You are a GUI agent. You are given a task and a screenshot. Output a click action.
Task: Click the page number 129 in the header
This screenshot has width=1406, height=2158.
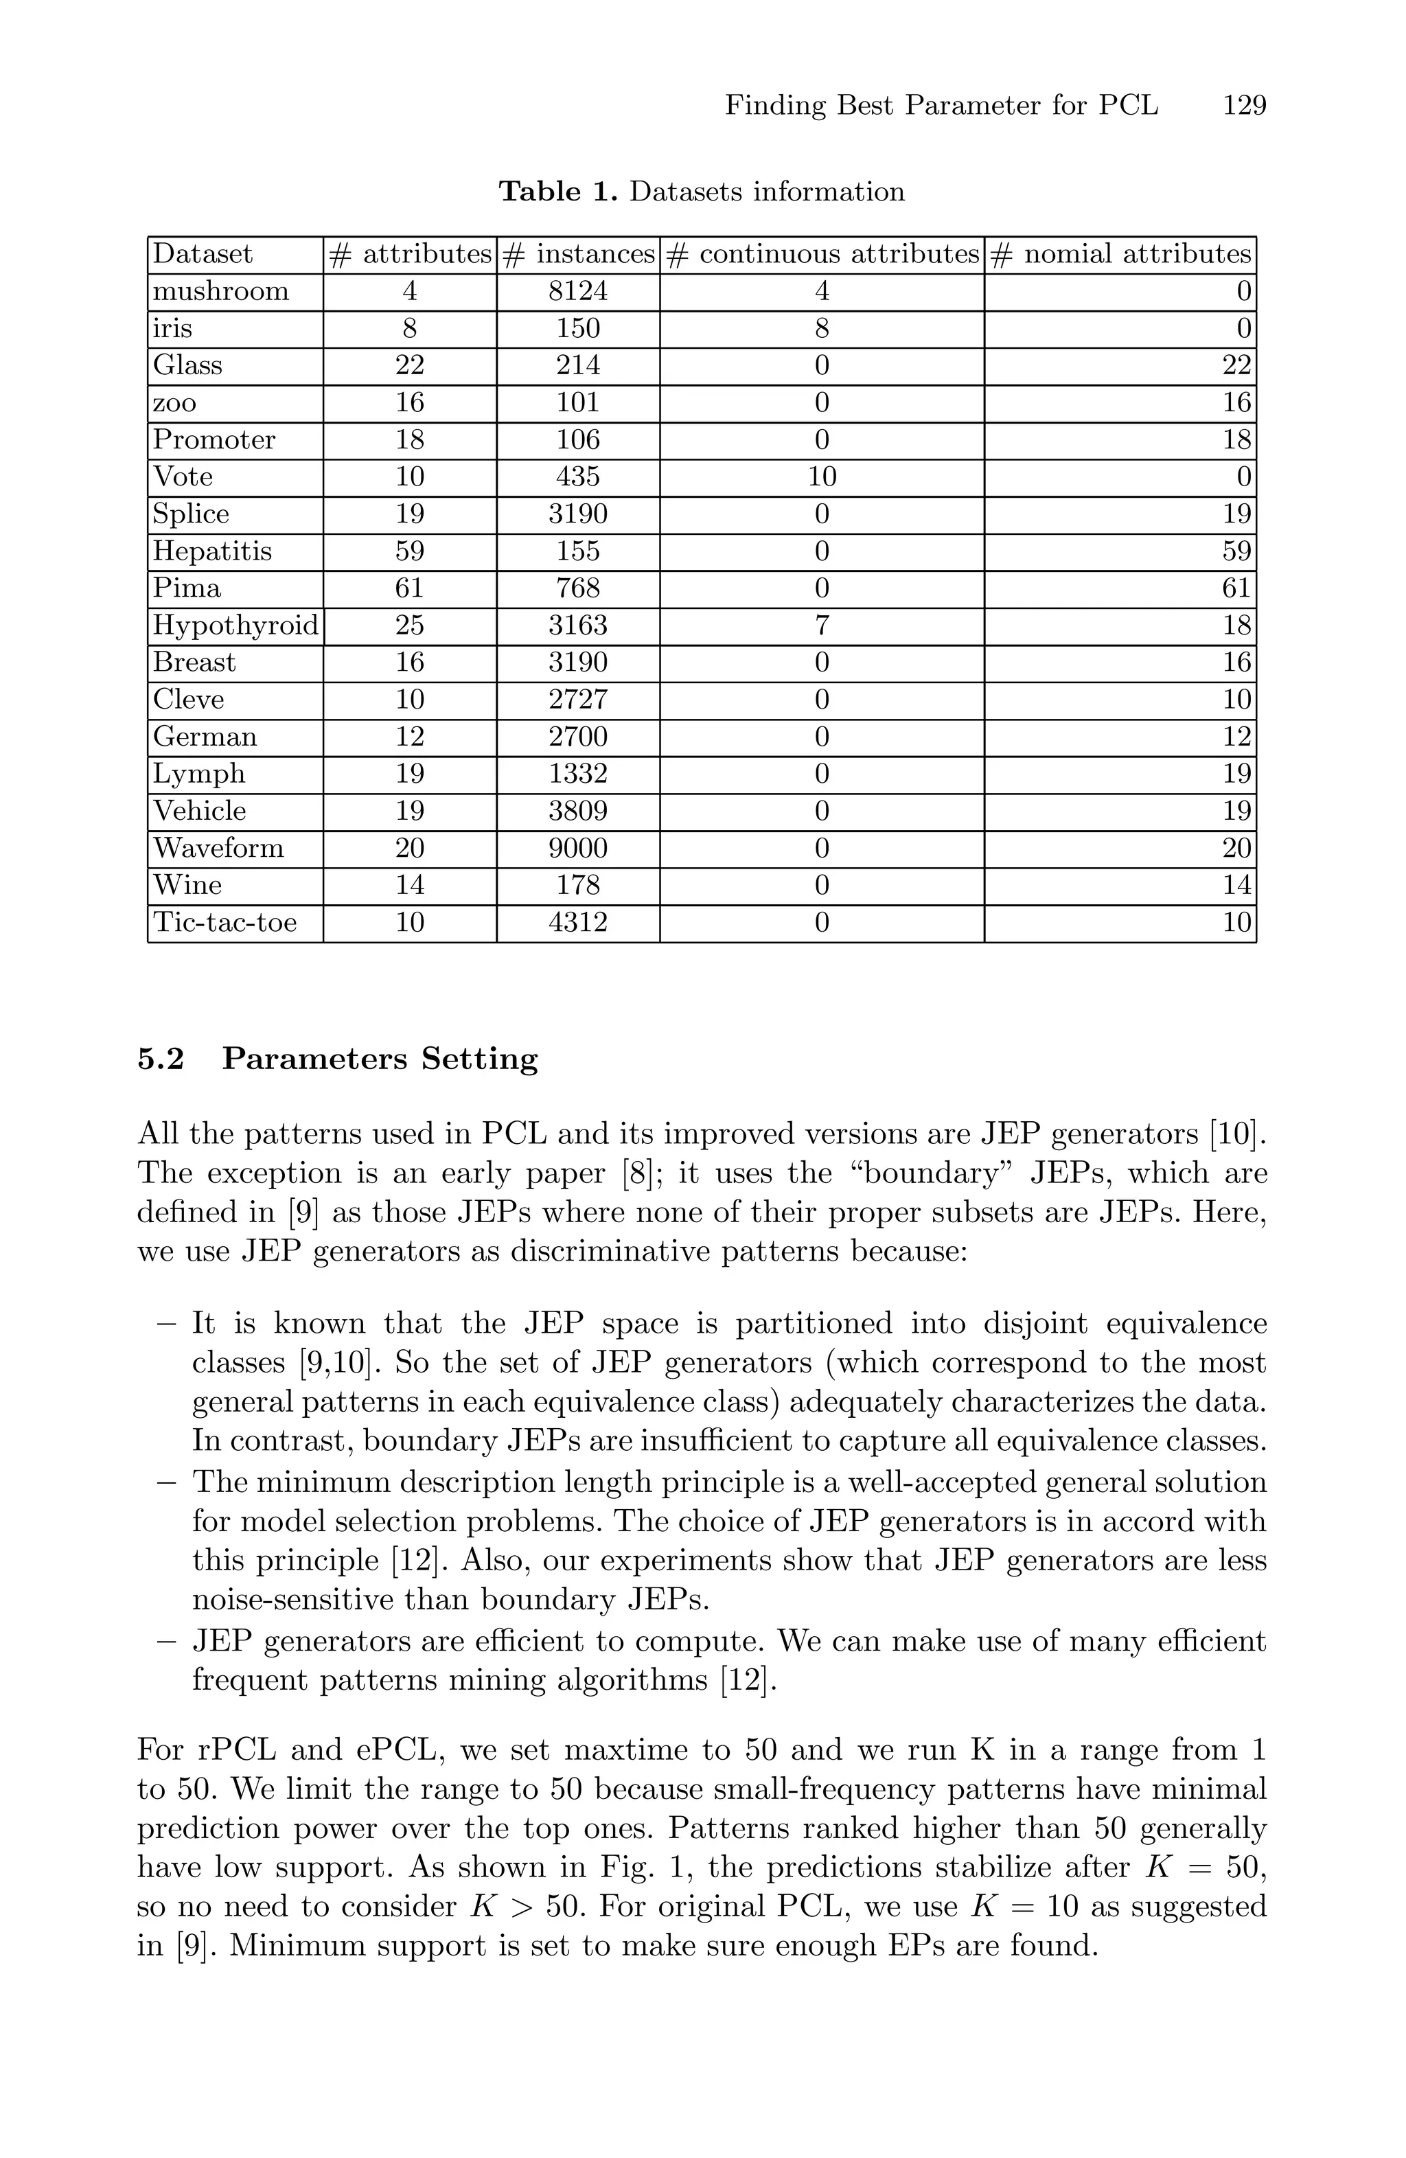point(1244,106)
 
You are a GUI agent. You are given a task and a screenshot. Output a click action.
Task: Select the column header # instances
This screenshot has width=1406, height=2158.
point(578,254)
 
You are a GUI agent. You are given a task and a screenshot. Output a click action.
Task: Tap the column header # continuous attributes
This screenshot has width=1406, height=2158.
point(822,254)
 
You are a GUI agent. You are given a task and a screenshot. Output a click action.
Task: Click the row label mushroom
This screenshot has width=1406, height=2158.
point(220,291)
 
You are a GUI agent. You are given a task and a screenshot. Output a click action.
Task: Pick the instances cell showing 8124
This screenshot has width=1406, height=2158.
point(578,291)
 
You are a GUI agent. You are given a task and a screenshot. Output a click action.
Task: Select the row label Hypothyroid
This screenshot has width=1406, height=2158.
point(235,625)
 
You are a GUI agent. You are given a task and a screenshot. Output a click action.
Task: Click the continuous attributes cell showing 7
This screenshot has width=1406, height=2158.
point(821,625)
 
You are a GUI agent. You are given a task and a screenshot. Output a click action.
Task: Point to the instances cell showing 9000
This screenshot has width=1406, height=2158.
point(578,848)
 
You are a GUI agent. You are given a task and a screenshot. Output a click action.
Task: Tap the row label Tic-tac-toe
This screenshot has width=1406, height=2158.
point(224,922)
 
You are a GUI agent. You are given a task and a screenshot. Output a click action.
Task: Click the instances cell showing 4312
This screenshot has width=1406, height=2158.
point(578,922)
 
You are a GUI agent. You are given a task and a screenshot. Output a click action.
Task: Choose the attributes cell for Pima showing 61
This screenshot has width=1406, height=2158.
point(410,588)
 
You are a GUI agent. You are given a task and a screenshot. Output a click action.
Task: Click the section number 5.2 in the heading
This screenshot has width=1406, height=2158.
point(161,1059)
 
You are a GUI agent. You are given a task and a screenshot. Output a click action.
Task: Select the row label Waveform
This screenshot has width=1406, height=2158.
point(218,848)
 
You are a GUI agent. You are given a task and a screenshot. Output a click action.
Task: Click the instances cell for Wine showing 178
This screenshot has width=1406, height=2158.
point(578,885)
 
